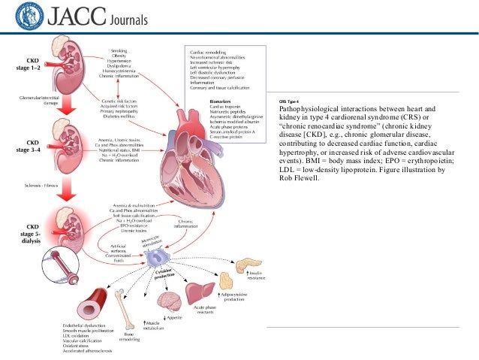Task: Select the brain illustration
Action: [x=170, y=301]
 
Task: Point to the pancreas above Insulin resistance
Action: [x=249, y=265]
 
